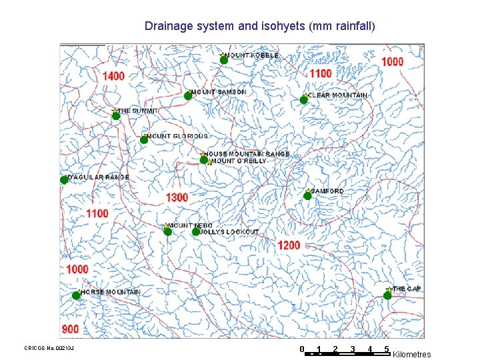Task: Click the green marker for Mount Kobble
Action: pos(224,60)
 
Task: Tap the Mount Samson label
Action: pos(219,92)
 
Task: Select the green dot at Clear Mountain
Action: pos(303,100)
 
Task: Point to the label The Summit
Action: pos(138,111)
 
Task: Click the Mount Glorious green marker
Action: pos(144,140)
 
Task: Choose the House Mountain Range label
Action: pos(249,154)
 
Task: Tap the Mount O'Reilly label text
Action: pos(239,161)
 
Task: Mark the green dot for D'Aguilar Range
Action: pos(64,180)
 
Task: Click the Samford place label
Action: pos(327,191)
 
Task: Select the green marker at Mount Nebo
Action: pos(167,232)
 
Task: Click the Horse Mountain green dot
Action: pos(77,295)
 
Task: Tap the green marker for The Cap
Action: pos(387,295)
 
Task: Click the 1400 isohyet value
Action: pos(113,76)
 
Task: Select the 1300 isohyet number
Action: pos(177,197)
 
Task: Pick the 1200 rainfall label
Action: pos(289,245)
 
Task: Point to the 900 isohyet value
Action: pos(71,329)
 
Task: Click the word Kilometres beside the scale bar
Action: pos(412,355)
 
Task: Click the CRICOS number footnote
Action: pos(49,348)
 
